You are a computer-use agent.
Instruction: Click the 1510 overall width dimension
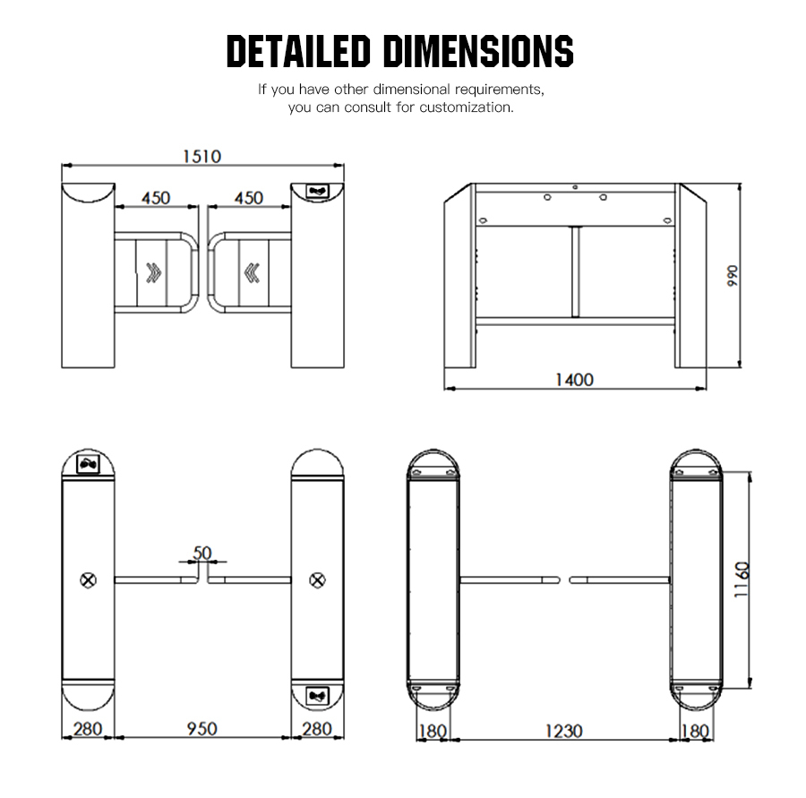pyautogui.click(x=202, y=157)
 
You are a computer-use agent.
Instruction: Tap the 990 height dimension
pyautogui.click(x=733, y=276)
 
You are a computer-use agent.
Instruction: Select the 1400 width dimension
pyautogui.click(x=574, y=380)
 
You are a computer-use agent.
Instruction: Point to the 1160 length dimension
pyautogui.click(x=742, y=579)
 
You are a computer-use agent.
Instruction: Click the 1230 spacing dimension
pyautogui.click(x=563, y=731)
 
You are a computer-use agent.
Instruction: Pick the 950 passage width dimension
pyautogui.click(x=201, y=728)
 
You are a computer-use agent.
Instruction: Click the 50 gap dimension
pyautogui.click(x=202, y=553)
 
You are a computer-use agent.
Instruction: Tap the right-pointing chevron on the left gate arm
pyautogui.click(x=154, y=272)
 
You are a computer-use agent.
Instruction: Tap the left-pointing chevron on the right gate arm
pyautogui.click(x=252, y=272)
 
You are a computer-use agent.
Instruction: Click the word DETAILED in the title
pyautogui.click(x=298, y=51)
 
